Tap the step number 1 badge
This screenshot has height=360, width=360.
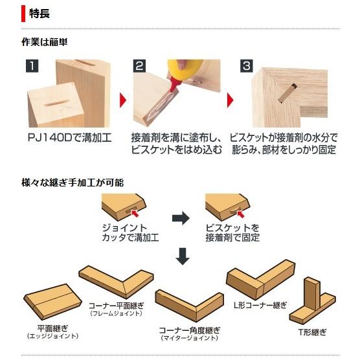click(30, 65)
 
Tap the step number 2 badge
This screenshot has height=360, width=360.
click(139, 65)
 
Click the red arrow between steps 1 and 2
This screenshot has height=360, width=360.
click(121, 100)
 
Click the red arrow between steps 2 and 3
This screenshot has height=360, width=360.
click(230, 100)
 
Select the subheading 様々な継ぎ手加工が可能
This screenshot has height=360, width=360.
click(73, 183)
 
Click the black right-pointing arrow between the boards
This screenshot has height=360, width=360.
click(181, 218)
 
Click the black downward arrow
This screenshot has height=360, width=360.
click(183, 256)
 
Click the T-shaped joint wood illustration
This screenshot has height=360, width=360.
click(311, 301)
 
